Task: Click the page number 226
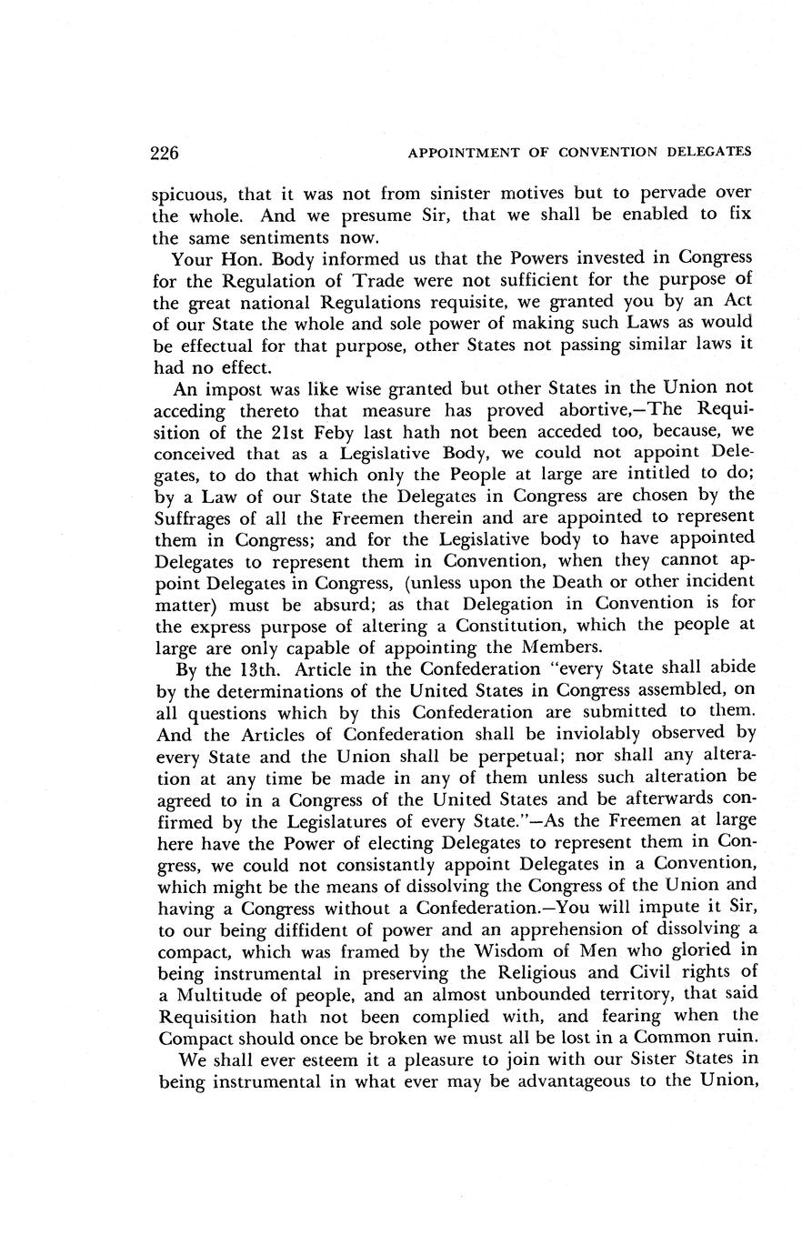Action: tap(165, 152)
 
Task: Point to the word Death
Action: tap(576, 581)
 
